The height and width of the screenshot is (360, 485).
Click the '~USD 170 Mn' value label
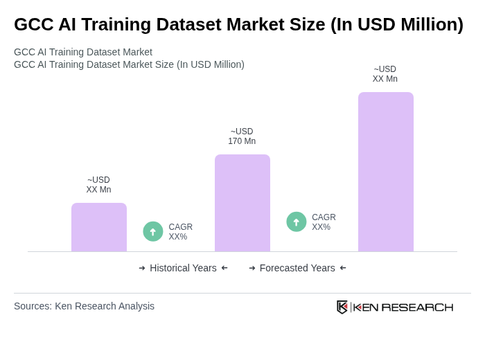[242, 136]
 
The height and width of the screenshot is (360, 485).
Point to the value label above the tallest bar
[385, 74]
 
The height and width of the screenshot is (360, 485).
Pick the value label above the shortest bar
[98, 185]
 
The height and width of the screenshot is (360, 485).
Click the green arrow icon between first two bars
[153, 231]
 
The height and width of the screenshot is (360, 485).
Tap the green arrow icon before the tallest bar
[297, 222]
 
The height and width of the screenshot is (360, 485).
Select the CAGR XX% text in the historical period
[180, 232]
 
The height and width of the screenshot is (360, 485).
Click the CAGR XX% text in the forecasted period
[324, 222]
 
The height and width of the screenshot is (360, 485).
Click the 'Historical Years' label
[183, 268]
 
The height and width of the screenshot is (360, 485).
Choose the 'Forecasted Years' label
[297, 268]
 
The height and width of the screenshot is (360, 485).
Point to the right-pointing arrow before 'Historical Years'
[142, 268]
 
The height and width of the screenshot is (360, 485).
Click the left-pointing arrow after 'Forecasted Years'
[343, 268]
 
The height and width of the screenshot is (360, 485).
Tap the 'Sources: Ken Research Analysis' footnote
[84, 306]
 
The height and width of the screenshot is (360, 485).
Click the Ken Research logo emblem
[342, 307]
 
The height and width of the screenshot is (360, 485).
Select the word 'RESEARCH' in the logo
[417, 307]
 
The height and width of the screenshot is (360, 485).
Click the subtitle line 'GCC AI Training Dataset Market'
[83, 52]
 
